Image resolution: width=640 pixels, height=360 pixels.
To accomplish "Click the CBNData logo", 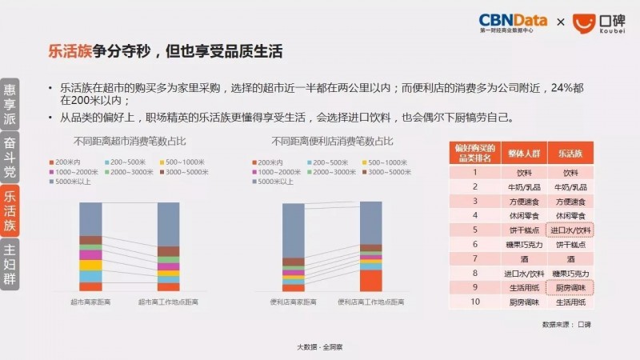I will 512,22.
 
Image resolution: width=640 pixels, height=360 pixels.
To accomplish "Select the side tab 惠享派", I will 10,102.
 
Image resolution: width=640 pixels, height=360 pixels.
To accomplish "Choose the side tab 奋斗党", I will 10,158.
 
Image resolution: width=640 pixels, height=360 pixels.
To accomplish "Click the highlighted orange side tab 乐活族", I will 10,210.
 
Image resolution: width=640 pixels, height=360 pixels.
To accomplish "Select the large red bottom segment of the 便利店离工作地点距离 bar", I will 370,280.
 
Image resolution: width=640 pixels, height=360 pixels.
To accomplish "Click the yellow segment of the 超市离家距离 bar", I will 90,265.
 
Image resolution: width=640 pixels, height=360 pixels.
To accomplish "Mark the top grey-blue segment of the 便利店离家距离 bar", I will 294,230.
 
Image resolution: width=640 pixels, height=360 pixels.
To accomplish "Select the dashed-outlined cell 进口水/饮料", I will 570,230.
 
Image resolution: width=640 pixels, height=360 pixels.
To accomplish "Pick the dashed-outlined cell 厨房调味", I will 570,287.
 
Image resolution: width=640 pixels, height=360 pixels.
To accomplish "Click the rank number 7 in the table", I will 474,258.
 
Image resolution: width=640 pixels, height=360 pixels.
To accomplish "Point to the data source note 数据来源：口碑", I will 566,324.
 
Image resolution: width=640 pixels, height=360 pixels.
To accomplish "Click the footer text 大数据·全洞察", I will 320,346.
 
